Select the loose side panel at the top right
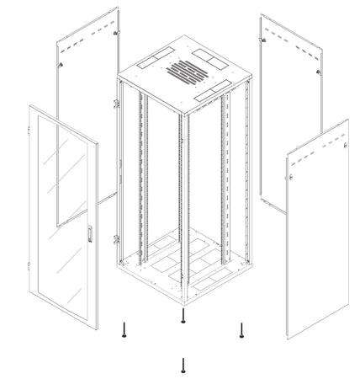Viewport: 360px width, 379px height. [291, 109]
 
